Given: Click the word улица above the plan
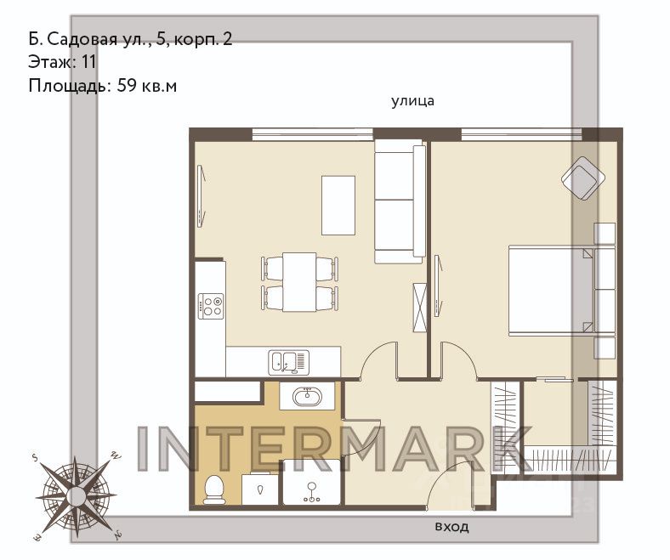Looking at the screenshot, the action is (412, 102).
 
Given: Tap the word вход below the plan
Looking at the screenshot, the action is (451, 527).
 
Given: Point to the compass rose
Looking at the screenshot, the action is (76, 496).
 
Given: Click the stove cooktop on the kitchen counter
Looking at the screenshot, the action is (211, 306).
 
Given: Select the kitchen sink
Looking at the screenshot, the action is (289, 362).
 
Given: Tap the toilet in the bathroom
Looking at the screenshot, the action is (215, 489).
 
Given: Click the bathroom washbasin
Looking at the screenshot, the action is (307, 396).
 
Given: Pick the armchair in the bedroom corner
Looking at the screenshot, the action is (583, 178).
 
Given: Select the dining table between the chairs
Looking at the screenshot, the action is (299, 282).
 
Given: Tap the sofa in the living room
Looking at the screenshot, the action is (400, 204).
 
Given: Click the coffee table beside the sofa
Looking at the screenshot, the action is (338, 205).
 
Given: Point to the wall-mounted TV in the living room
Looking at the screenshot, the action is (202, 194).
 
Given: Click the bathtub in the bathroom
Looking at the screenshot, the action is (312, 483).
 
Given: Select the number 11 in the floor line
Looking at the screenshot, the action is (88, 62).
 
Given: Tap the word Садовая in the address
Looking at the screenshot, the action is (81, 40).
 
